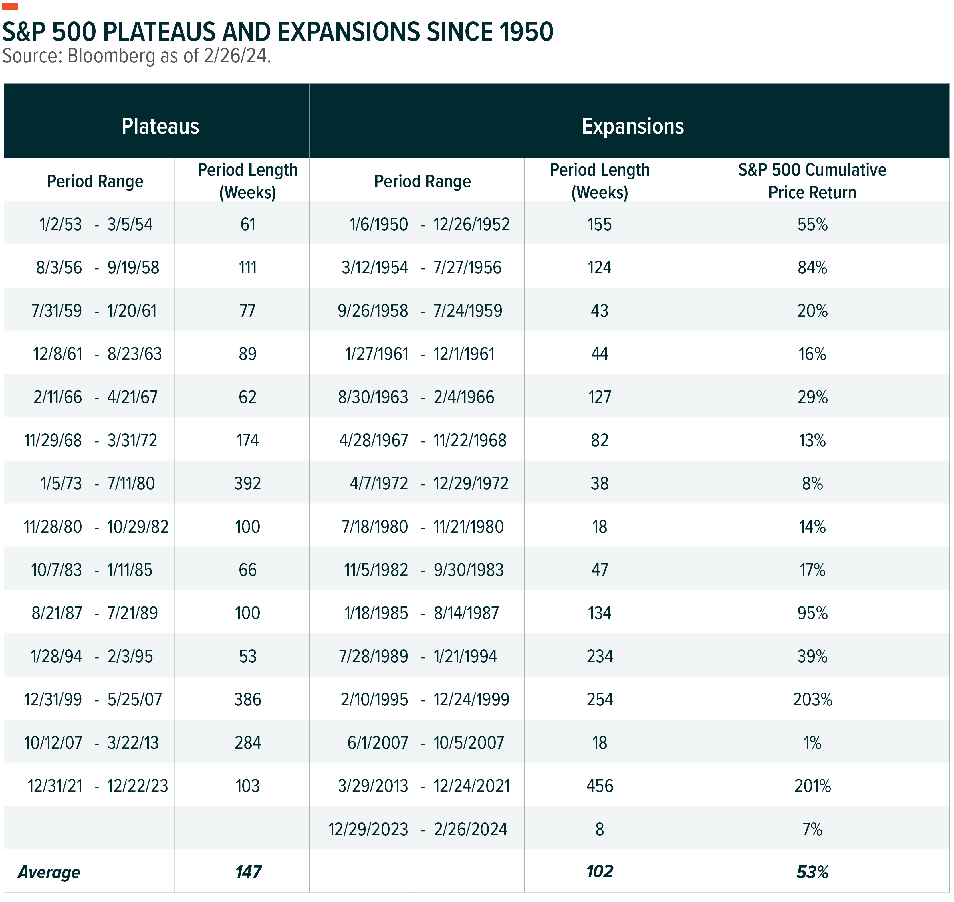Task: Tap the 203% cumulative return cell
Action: (x=812, y=699)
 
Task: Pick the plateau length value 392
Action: (x=248, y=483)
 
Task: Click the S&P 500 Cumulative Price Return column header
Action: (x=812, y=181)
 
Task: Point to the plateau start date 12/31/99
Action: (x=53, y=699)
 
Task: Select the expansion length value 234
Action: (x=600, y=656)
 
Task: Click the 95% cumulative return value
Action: (x=812, y=613)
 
